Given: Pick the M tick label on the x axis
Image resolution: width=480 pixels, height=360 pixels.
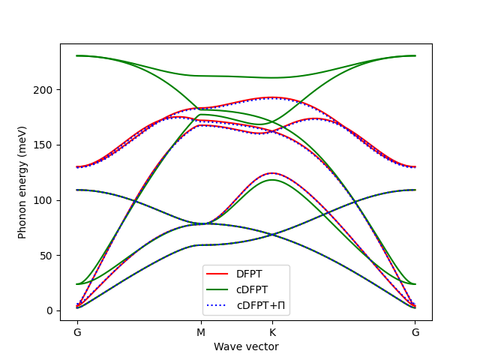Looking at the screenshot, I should (x=200, y=331).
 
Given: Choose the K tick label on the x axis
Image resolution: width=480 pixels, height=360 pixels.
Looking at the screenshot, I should (x=271, y=331).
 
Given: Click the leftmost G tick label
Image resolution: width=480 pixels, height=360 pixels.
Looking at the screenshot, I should (x=76, y=331).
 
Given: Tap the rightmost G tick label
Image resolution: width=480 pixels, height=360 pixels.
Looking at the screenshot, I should (x=415, y=331).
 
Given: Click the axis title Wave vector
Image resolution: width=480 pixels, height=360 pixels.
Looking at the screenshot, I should (x=245, y=346).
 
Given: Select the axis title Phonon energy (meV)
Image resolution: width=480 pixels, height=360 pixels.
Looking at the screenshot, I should (x=22, y=182).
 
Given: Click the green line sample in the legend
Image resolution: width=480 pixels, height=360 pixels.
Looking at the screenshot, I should (x=219, y=290).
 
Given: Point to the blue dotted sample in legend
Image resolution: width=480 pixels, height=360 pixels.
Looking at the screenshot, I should (x=219, y=305).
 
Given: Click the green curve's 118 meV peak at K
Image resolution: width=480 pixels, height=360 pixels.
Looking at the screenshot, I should (x=271, y=180).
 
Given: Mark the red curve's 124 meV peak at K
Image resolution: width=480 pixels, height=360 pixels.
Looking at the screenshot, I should (x=271, y=173).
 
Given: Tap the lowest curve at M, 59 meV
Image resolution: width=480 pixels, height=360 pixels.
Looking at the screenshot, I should (x=200, y=245).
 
